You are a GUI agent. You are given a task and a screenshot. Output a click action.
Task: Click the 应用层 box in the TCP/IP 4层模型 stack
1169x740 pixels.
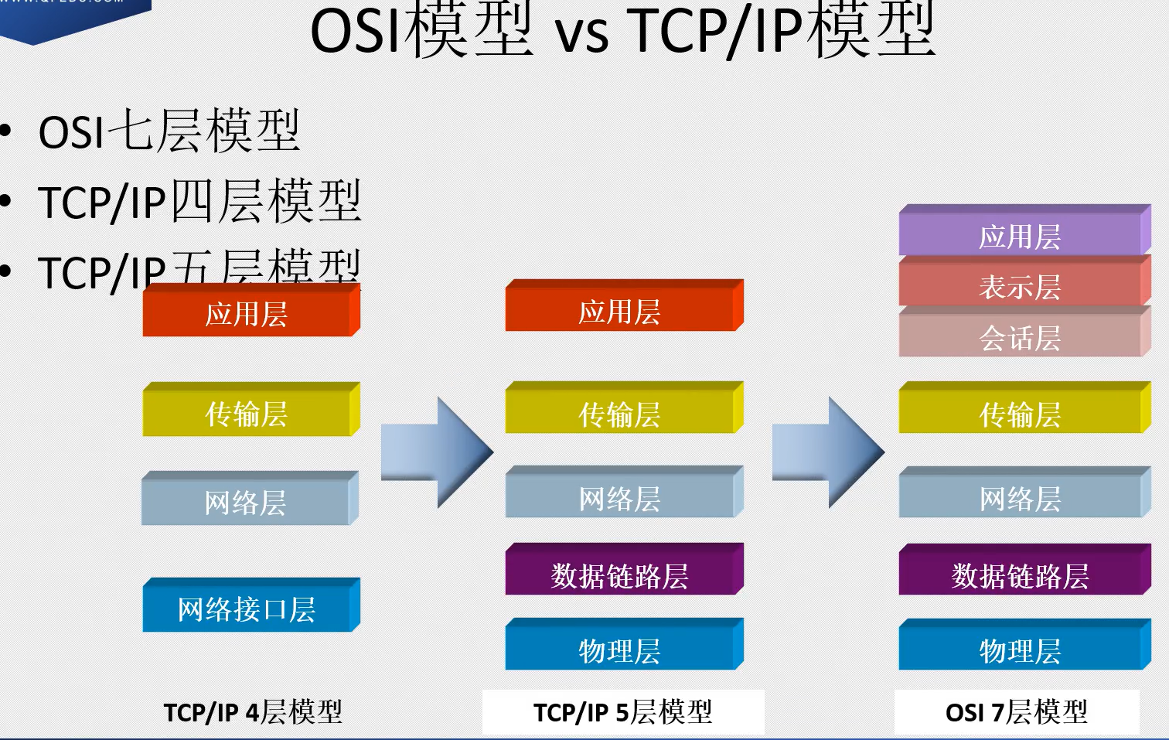[247, 313]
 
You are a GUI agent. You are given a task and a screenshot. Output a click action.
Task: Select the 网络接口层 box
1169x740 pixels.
[247, 609]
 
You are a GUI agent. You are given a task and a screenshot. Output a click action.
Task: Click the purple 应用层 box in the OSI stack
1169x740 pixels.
[1021, 235]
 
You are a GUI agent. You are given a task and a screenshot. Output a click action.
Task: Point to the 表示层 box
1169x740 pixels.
[1021, 286]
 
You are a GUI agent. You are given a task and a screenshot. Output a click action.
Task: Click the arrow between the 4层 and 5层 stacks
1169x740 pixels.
[437, 452]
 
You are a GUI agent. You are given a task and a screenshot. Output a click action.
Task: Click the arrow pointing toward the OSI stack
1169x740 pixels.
[828, 452]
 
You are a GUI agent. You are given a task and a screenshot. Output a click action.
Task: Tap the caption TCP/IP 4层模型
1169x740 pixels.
[253, 711]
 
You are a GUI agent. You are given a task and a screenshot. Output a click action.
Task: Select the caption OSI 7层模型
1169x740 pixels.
[1016, 711]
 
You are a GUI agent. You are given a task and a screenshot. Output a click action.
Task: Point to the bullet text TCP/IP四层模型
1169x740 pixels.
[199, 202]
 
